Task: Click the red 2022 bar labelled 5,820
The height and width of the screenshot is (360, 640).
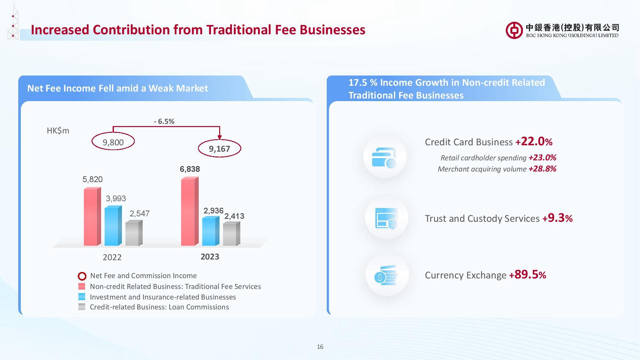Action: [92, 217]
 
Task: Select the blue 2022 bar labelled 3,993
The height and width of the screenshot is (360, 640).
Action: [113, 226]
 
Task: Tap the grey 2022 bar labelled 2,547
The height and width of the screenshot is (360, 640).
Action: [134, 233]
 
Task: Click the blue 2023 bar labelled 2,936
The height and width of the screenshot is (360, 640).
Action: [211, 231]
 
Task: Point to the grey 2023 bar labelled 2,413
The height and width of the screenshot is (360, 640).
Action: [231, 234]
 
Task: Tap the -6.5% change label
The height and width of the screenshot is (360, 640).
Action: [164, 121]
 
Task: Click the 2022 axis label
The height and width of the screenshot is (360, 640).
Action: [112, 257]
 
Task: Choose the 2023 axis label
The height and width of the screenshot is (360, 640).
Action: [210, 257]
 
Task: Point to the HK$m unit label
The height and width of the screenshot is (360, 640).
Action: [58, 131]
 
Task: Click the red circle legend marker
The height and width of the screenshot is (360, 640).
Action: [82, 276]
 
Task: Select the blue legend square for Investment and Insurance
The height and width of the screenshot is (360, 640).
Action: [82, 297]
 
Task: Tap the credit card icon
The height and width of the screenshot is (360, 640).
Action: [384, 157]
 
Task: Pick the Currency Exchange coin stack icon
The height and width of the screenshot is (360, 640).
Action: [386, 275]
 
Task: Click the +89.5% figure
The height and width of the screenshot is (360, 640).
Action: [527, 275]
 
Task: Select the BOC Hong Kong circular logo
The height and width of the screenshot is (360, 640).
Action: [514, 30]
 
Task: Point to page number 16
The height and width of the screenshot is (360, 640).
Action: [320, 347]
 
